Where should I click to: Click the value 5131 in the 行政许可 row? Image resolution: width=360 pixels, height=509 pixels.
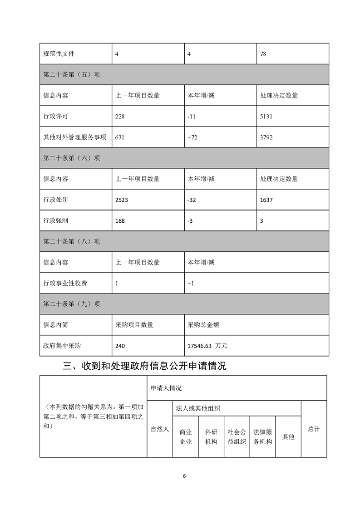267,116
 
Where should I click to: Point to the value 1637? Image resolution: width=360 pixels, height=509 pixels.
267,200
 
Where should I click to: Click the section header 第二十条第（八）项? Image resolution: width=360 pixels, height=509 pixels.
71,241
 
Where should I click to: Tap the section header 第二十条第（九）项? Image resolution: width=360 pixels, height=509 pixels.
71,304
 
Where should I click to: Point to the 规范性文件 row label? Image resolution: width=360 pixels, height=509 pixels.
59,54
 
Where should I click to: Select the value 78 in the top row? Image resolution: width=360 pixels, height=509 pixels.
263,54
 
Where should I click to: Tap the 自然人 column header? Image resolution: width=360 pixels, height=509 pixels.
160,429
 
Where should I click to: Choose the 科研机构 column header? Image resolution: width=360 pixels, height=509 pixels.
211,436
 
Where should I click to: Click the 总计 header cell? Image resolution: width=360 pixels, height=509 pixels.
314,429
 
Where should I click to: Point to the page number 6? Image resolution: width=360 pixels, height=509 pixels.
184,476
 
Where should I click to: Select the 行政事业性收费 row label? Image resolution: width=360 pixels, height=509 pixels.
65,283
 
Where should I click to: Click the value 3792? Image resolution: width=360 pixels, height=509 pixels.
267,137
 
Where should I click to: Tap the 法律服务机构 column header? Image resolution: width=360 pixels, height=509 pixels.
262,436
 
